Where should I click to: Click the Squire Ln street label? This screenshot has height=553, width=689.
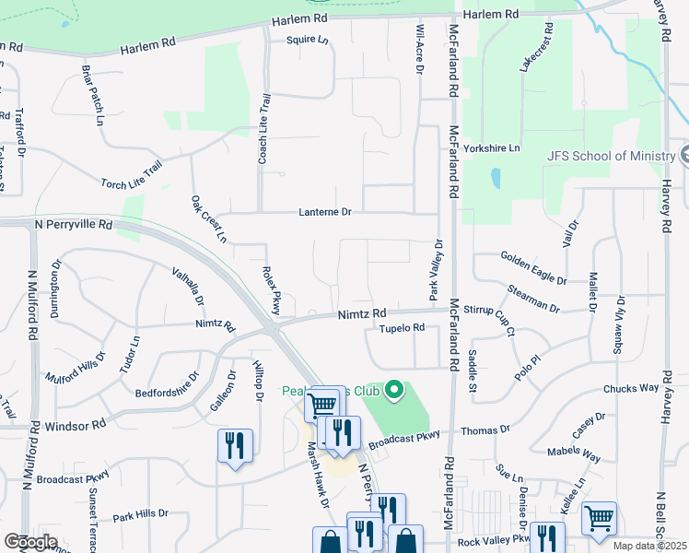(307, 41)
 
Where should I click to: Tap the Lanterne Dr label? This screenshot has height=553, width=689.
(325, 212)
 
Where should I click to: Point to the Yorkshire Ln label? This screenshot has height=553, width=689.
(493, 147)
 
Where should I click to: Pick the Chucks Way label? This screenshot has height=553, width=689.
(631, 389)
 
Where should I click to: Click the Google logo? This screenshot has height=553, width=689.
(30, 541)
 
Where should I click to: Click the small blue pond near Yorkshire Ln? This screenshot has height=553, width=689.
(496, 177)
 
